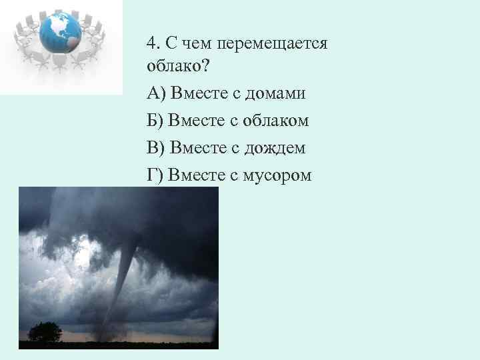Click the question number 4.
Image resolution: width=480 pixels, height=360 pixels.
(x=153, y=43)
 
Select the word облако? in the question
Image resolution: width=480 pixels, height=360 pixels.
(x=175, y=67)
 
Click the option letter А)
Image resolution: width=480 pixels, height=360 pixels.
(x=157, y=93)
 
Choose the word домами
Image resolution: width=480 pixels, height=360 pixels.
(x=275, y=93)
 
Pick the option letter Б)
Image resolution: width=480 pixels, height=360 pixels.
(x=156, y=121)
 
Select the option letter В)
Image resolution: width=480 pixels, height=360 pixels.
(x=157, y=147)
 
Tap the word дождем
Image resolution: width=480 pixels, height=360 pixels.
(x=275, y=147)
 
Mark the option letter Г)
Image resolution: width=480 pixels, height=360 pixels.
(x=155, y=175)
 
